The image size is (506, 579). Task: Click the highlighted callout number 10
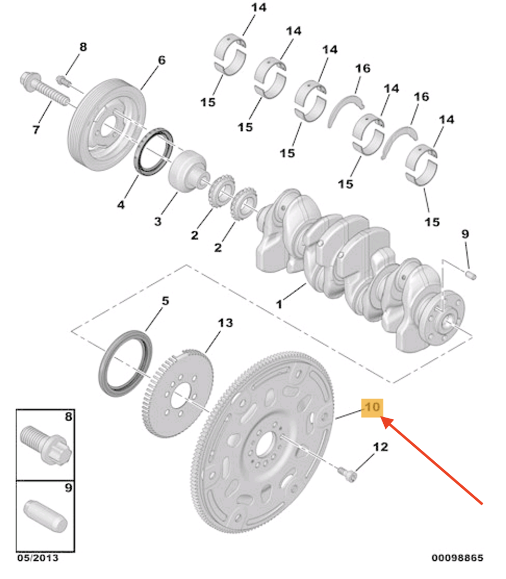[x=373, y=408]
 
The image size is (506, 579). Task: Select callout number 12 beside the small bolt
[x=380, y=447]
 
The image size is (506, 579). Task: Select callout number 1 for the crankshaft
[x=279, y=304]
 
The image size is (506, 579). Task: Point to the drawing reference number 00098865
[x=457, y=558]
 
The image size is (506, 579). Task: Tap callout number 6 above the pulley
[x=161, y=60]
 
